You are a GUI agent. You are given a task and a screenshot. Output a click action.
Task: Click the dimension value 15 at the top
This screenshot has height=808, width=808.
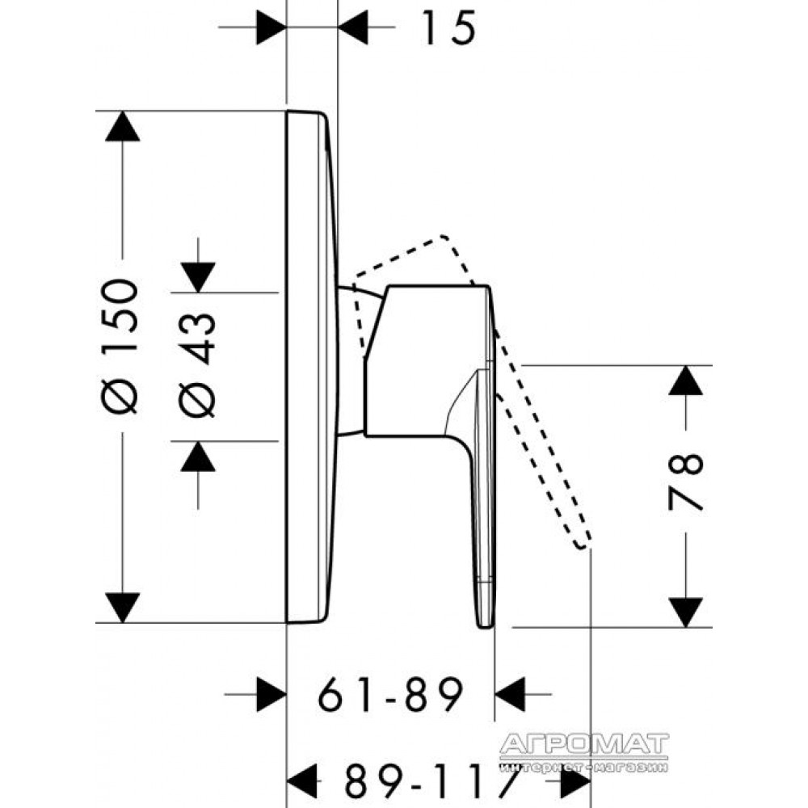coord(448,27)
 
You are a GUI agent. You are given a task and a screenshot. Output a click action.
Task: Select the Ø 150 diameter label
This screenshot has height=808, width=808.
coord(120,347)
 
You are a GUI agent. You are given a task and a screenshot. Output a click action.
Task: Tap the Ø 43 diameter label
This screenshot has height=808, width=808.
coord(197,364)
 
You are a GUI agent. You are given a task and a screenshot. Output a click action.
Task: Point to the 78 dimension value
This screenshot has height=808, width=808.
coord(685,482)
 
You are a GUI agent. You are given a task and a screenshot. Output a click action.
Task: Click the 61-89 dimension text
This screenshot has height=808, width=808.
coord(390,694)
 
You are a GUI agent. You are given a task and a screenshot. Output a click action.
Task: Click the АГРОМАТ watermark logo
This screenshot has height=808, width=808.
coord(584,753)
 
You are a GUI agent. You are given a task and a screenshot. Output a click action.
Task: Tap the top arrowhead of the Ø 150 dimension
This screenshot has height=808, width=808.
coord(122,126)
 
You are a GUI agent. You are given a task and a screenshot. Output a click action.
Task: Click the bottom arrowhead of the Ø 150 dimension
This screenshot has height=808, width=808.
coord(122,608)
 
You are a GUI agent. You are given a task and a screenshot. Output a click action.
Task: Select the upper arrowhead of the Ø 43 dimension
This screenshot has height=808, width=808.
coord(198,277)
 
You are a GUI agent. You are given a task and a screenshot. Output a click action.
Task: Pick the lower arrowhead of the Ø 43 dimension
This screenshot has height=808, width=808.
coord(198,457)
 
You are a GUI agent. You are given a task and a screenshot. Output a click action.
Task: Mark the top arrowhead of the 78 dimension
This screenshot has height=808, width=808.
coord(685,381)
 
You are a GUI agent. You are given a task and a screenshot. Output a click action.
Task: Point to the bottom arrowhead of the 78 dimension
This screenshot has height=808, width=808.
coord(685,612)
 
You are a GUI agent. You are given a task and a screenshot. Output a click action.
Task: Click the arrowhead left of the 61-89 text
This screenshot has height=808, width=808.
coord(271,694)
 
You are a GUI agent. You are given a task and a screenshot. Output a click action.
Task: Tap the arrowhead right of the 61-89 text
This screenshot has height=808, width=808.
coord(510,694)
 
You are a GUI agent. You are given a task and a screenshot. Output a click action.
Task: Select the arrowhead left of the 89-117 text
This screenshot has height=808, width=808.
coord(301,781)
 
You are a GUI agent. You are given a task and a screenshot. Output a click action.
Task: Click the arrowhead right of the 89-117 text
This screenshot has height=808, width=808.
coord(575,781)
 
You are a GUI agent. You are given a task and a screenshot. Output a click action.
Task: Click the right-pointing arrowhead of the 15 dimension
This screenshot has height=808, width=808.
coord(271,27)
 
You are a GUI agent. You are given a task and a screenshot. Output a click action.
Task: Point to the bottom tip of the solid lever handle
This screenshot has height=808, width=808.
coord(485,627)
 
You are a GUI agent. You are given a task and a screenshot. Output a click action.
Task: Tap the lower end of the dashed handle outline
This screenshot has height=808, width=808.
coord(583,546)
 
